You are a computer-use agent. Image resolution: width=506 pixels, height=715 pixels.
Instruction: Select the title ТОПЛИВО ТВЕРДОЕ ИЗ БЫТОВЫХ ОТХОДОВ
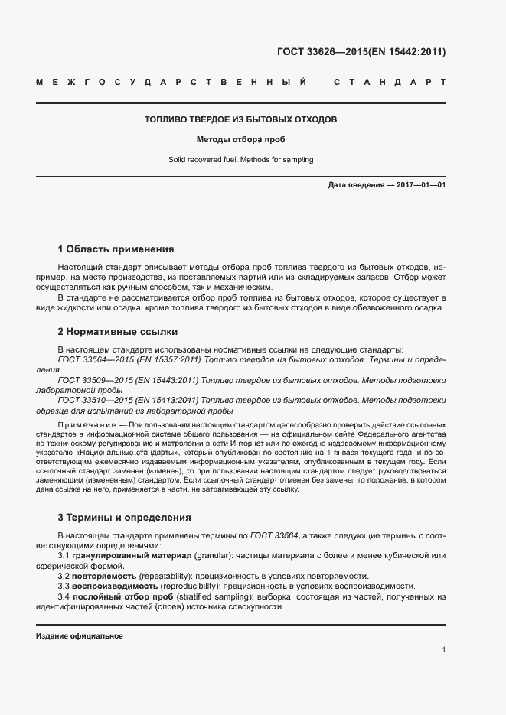pyautogui.click(x=241, y=120)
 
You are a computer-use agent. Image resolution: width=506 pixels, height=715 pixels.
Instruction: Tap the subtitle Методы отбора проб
pyautogui.click(x=241, y=140)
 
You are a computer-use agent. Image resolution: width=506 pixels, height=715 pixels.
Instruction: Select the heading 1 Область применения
pyautogui.click(x=116, y=249)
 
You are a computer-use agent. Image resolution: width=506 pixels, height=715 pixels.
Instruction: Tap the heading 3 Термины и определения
pyautogui.click(x=124, y=518)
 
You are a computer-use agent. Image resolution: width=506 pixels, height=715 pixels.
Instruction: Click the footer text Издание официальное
pyautogui.click(x=80, y=636)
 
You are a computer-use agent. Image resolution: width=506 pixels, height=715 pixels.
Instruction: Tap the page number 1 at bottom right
pyautogui.click(x=443, y=649)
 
